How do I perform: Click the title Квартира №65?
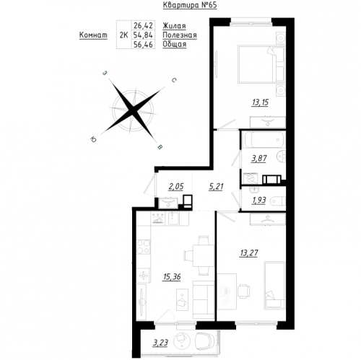(190, 5)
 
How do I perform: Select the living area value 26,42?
(143, 25)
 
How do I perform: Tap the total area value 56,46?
(143, 45)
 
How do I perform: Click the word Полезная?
(180, 35)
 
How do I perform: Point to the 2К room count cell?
(123, 35)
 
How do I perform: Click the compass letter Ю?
(93, 139)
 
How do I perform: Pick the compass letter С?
(174, 80)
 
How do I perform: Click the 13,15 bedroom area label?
(260, 102)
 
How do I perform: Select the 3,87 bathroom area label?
(259, 159)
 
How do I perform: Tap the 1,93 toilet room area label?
(258, 201)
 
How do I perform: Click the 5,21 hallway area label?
(216, 187)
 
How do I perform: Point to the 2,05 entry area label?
(176, 187)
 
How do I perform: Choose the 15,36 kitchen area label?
(172, 277)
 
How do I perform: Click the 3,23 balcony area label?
(160, 343)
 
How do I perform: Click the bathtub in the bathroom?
(264, 140)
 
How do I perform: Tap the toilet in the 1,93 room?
(277, 201)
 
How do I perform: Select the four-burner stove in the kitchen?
(144, 247)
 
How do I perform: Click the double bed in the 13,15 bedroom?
(261, 64)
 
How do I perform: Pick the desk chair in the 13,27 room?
(243, 291)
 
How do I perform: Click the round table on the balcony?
(182, 341)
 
